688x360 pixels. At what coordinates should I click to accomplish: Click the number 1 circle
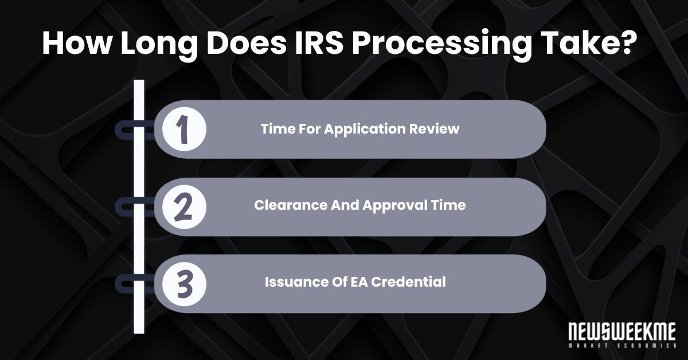[x=183, y=130]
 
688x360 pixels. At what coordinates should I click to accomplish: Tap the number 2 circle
[x=183, y=206]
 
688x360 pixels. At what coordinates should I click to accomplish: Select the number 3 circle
[x=183, y=283]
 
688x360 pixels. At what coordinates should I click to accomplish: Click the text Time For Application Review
[x=360, y=129]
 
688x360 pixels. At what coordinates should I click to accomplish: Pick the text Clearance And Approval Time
[x=360, y=206]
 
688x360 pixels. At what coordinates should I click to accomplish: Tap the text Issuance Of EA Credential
[x=355, y=283]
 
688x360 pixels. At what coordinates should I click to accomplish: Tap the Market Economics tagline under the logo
[x=621, y=346]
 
